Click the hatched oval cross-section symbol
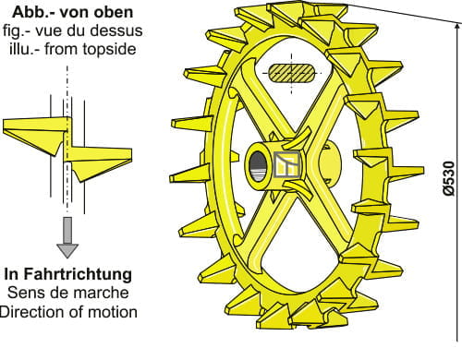point(292,73)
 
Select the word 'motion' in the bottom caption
point(114,312)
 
